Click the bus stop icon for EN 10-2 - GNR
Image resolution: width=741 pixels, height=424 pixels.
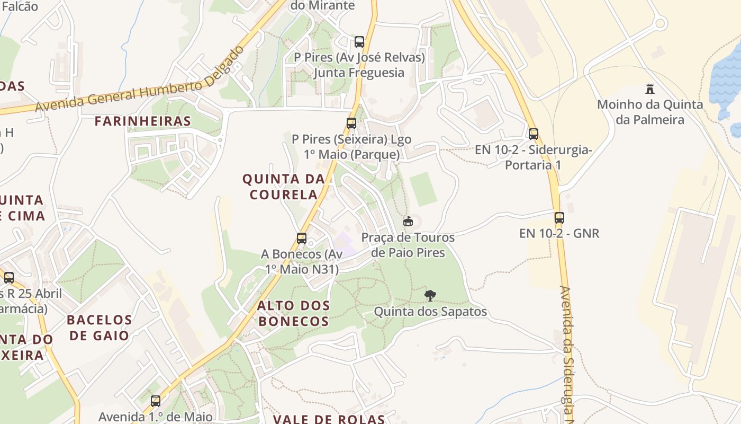click(559, 217)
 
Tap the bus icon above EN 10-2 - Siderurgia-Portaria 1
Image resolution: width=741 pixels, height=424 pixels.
click(533, 134)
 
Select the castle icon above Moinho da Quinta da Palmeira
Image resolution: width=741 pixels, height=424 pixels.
click(649, 89)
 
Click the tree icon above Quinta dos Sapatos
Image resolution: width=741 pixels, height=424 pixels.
click(430, 295)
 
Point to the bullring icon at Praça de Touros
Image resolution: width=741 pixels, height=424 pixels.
click(408, 222)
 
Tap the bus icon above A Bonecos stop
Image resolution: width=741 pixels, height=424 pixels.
click(302, 238)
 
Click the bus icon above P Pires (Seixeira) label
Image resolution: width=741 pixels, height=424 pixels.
click(351, 123)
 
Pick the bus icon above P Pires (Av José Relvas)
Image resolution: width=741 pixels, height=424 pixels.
click(359, 41)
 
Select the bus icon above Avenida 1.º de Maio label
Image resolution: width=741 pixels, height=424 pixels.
click(155, 401)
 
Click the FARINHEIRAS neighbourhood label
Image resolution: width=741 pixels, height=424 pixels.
click(142, 121)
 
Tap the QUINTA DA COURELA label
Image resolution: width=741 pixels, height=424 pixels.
click(284, 187)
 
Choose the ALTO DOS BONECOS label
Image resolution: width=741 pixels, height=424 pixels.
click(294, 313)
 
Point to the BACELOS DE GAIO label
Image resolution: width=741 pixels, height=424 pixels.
click(100, 328)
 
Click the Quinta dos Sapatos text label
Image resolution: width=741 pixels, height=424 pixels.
click(430, 312)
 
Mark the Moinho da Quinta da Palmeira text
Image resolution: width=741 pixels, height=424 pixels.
click(650, 112)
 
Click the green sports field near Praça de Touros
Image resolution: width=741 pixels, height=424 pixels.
click(423, 189)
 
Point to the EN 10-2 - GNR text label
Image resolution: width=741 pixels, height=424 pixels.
click(559, 233)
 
